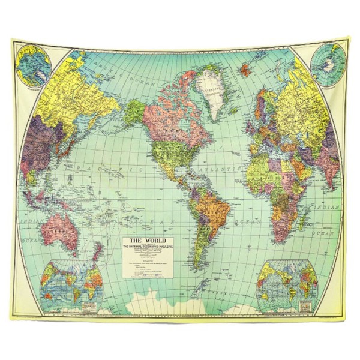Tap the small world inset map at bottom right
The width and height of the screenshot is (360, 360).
tap(287, 282)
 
